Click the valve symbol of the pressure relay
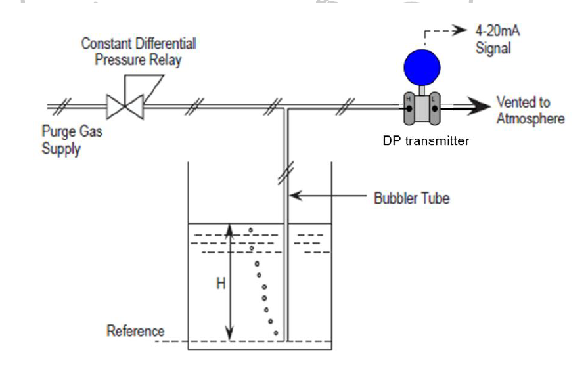click(x=125, y=106)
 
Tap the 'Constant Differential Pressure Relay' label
click(x=138, y=52)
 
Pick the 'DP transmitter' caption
click(x=426, y=140)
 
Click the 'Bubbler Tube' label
click(x=412, y=197)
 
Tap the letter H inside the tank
click(x=221, y=284)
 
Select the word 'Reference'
click(x=135, y=330)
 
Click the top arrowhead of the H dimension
click(x=229, y=228)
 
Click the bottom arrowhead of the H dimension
click(x=229, y=335)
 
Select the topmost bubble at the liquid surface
click(x=250, y=230)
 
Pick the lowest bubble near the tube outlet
click(x=276, y=333)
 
